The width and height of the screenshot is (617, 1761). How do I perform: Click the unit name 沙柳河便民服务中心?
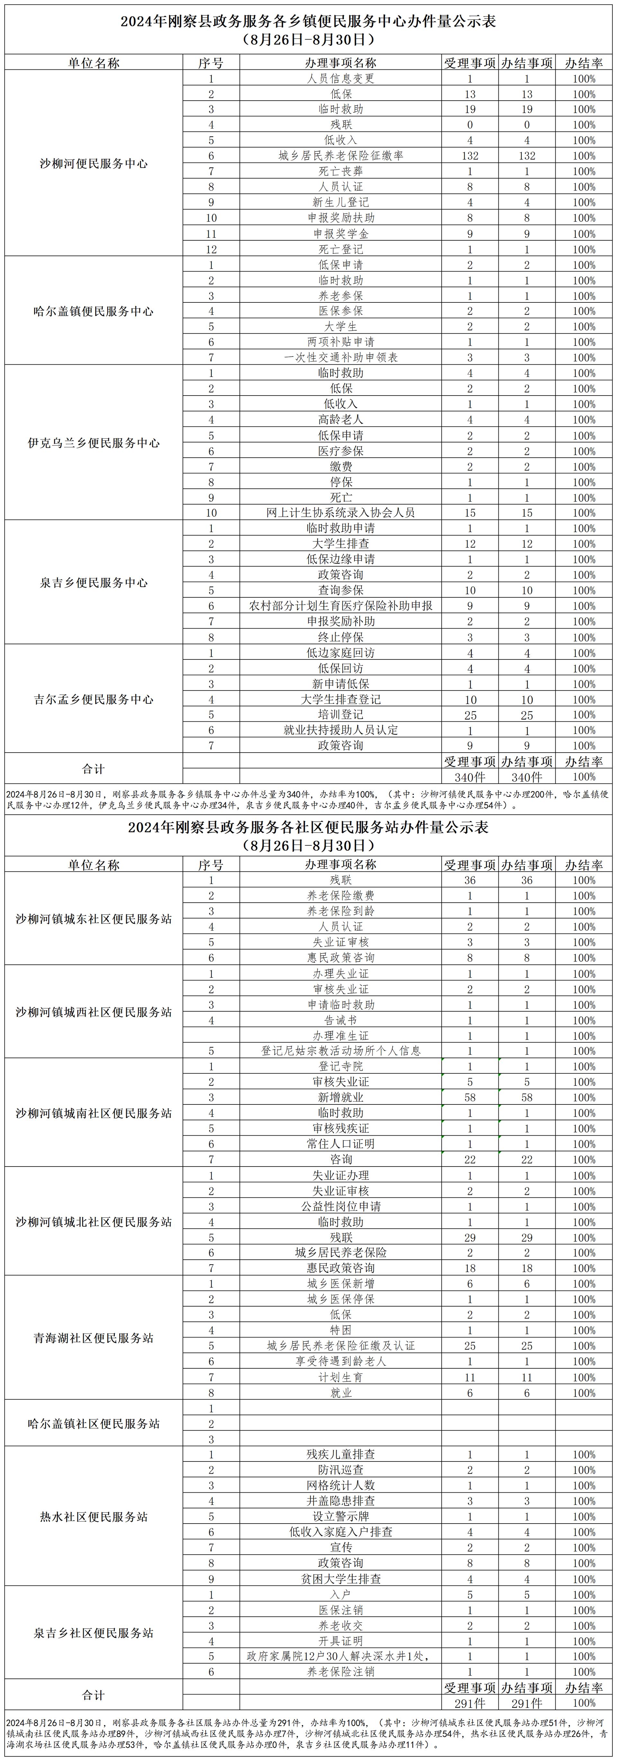(94, 164)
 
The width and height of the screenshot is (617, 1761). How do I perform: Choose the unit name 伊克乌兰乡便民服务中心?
(94, 443)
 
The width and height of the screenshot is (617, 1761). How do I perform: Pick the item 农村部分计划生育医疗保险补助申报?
(340, 606)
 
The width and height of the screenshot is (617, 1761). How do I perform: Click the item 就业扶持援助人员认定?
(340, 730)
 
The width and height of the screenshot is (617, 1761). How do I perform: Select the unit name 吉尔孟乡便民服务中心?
(94, 699)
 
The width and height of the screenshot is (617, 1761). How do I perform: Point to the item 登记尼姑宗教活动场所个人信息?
(340, 1051)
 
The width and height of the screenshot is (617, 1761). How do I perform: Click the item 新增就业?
(340, 1097)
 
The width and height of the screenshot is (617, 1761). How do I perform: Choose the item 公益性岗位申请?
(340, 1207)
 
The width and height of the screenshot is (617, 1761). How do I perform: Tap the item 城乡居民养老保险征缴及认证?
(340, 1345)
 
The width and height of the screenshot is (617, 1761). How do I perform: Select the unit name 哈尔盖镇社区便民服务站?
(94, 1424)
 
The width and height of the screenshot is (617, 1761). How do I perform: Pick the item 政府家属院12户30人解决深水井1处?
(340, 1656)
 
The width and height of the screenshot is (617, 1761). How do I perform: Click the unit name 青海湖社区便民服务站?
(94, 1338)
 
